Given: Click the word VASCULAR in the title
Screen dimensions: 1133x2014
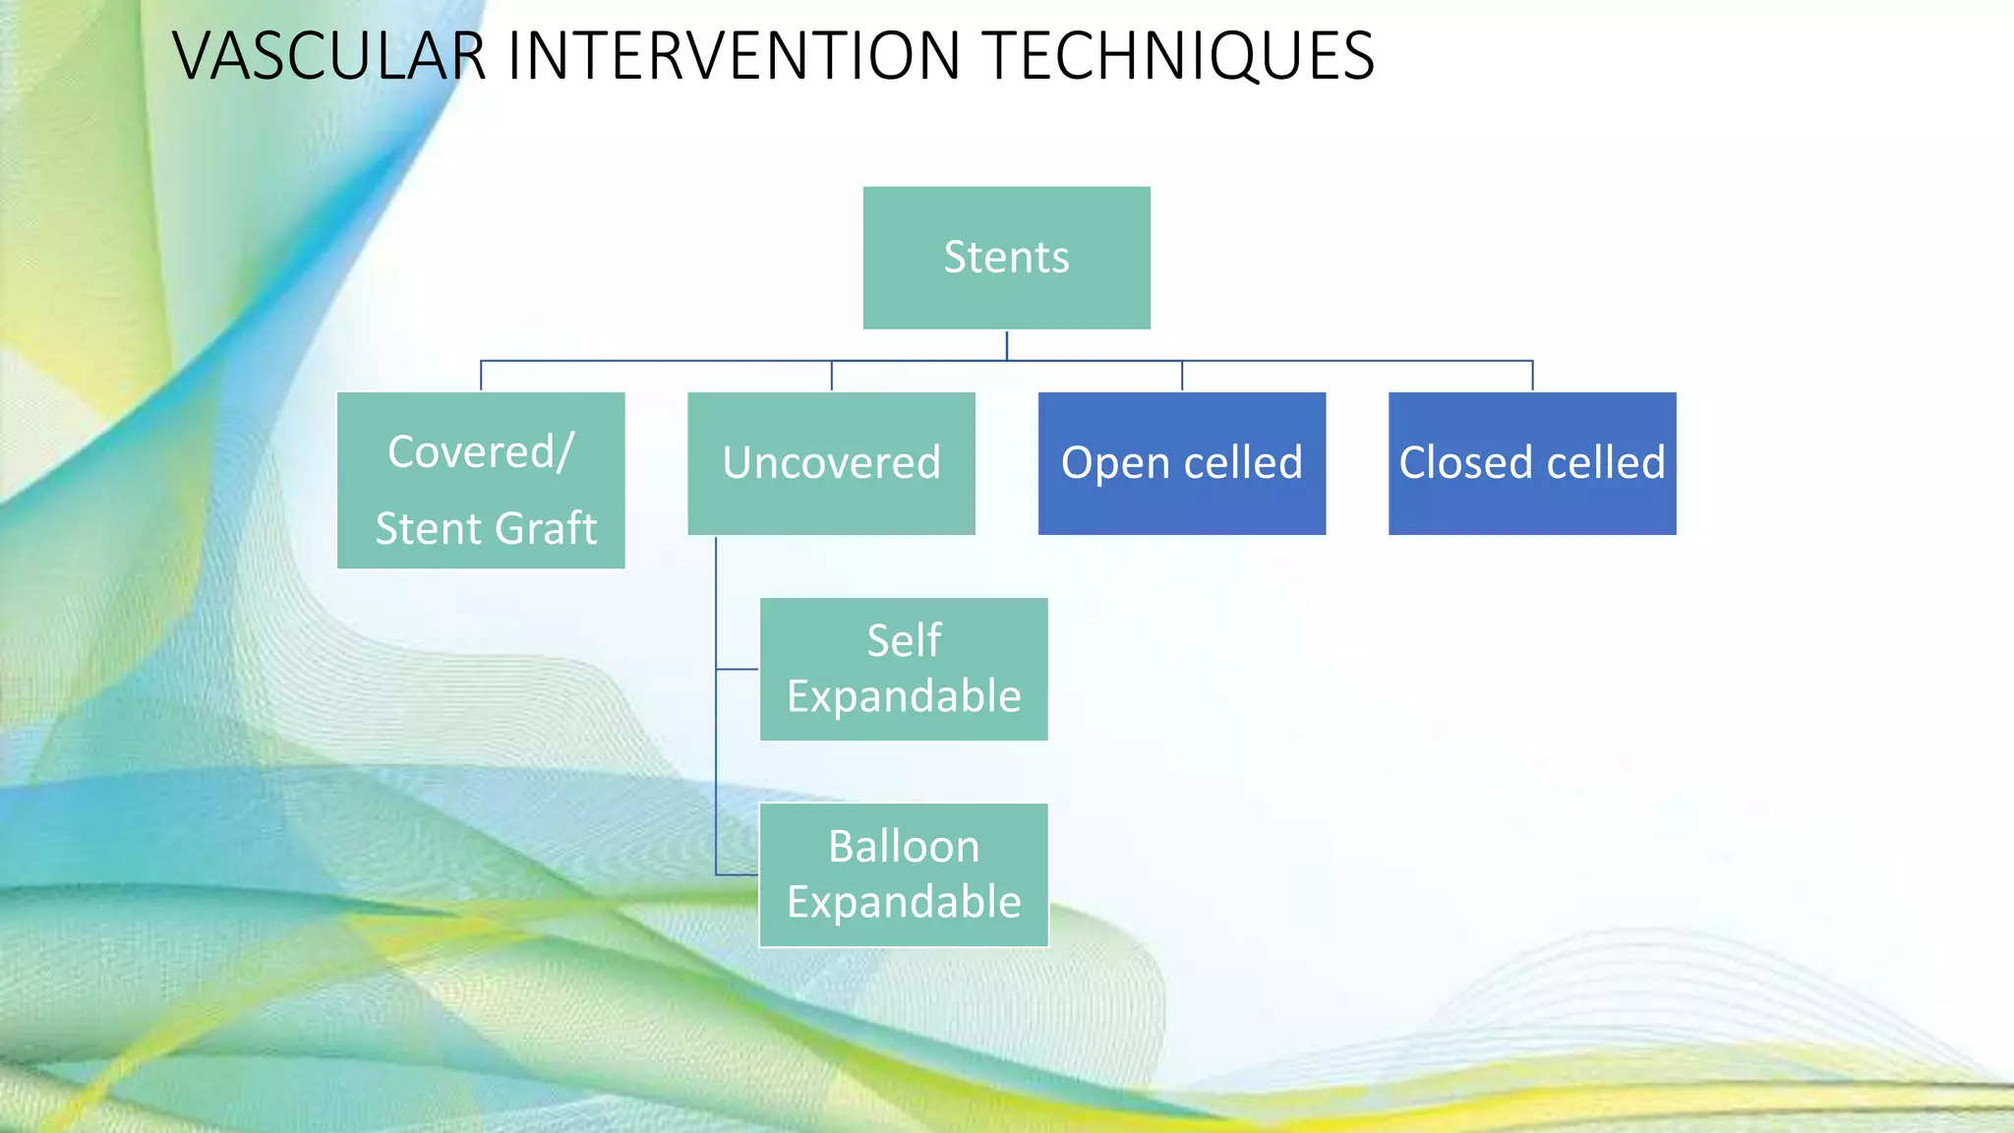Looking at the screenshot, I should pyautogui.click(x=329, y=56).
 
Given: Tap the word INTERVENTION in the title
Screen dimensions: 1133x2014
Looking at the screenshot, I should pyautogui.click(x=734, y=56).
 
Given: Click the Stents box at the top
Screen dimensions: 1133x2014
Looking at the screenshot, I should pyautogui.click(x=1006, y=258).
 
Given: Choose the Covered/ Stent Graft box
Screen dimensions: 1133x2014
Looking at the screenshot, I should pyautogui.click(x=481, y=480).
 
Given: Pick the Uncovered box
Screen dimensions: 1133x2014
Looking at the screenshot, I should pyautogui.click(x=831, y=463).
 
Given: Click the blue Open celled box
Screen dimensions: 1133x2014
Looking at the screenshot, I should pyautogui.click(x=1181, y=463).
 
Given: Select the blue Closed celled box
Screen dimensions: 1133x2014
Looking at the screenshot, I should pyautogui.click(x=1531, y=463).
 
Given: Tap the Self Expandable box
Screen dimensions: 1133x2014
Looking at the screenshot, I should pyautogui.click(x=903, y=669).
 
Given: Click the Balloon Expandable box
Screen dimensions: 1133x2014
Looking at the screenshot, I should pyautogui.click(x=903, y=874).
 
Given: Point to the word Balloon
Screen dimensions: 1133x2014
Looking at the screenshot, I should pyautogui.click(x=903, y=847).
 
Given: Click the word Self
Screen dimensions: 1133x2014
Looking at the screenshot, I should pyautogui.click(x=903, y=641).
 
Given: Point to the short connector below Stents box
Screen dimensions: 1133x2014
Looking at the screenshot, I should pyautogui.click(x=1006, y=345).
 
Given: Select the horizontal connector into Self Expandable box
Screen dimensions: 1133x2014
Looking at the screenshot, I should pyautogui.click(x=737, y=669).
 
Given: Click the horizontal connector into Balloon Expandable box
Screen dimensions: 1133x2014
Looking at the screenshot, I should pyautogui.click(x=737, y=874).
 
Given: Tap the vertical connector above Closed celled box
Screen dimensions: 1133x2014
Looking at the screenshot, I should pyautogui.click(x=1532, y=376).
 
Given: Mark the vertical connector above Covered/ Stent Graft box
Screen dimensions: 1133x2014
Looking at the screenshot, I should pyautogui.click(x=481, y=376).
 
